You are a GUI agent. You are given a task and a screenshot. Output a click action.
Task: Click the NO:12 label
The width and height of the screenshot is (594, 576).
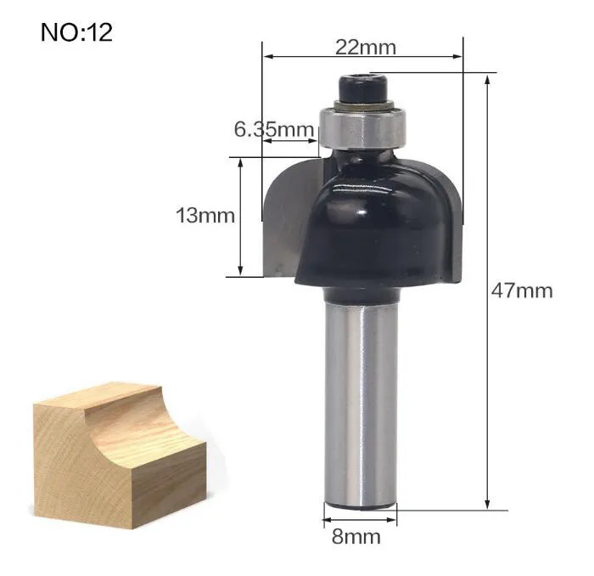(x=76, y=32)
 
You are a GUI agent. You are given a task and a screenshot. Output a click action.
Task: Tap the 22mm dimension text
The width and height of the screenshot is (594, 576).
(x=366, y=48)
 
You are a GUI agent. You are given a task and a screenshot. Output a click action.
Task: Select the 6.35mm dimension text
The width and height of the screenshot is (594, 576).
(x=274, y=129)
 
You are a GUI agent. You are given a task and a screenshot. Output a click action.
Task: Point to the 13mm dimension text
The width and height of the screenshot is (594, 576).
(x=205, y=216)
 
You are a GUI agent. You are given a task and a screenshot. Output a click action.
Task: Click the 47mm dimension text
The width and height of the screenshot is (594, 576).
(x=522, y=291)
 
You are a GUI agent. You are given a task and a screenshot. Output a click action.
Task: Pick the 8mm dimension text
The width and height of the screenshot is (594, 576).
(x=356, y=537)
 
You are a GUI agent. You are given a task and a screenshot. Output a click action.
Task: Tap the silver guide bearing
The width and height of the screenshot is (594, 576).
(x=362, y=127)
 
